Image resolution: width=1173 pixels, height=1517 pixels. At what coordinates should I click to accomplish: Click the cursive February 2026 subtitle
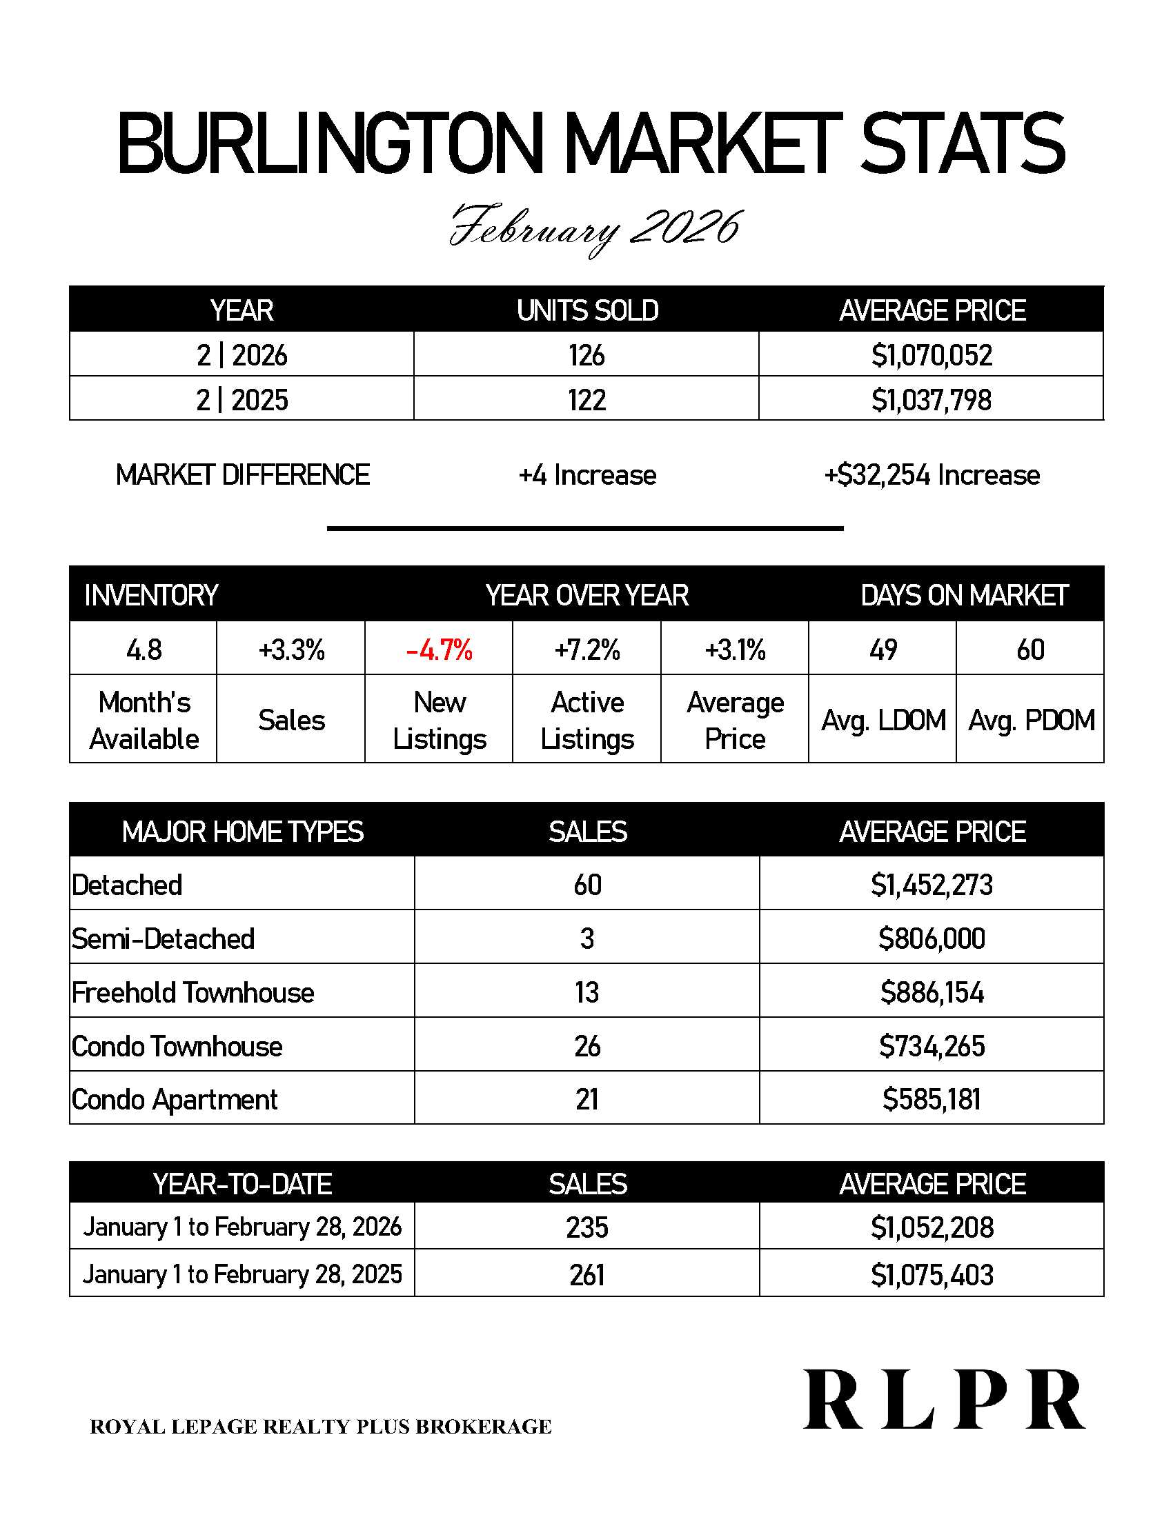click(x=595, y=228)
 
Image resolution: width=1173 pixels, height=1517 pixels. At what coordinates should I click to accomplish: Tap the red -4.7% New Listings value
click(x=439, y=650)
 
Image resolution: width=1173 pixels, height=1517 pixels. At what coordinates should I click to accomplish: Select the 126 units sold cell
click(x=586, y=355)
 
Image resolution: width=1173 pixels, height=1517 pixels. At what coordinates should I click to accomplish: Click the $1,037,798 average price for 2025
click(x=931, y=400)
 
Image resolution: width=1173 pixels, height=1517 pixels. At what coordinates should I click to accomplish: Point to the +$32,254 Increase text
click(x=931, y=475)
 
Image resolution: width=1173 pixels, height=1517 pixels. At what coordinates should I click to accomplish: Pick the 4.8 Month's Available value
click(x=144, y=650)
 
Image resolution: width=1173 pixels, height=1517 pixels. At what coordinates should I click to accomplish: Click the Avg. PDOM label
click(x=1031, y=721)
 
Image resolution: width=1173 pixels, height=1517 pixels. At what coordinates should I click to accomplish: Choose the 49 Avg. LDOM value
click(x=883, y=650)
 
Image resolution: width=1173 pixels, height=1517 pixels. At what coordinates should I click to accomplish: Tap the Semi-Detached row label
click(x=164, y=938)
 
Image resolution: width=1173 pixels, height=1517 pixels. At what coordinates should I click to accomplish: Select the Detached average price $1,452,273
click(x=931, y=885)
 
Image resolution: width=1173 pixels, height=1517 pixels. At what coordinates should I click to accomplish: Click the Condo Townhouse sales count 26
click(x=587, y=1046)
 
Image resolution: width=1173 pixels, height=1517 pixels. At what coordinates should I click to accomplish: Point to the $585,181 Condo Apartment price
click(x=931, y=1100)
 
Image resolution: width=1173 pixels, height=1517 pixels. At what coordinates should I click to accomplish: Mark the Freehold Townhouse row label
click(x=193, y=992)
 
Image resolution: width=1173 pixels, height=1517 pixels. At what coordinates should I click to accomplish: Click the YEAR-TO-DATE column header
click(x=241, y=1184)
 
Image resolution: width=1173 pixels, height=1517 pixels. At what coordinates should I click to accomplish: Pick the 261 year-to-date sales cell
click(x=587, y=1275)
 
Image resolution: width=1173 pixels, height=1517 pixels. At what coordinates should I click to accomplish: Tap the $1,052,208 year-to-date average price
click(x=931, y=1227)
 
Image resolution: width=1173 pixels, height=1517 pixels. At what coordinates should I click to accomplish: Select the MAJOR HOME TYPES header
click(x=242, y=832)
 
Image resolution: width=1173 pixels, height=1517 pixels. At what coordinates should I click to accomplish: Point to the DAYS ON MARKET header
click(x=963, y=595)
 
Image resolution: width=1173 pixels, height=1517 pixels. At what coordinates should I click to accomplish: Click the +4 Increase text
click(x=587, y=475)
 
